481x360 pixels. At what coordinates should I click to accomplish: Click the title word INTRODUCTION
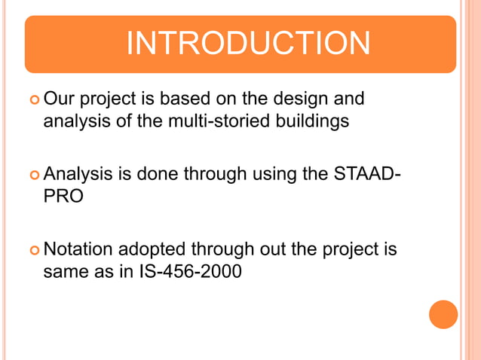pos(248,43)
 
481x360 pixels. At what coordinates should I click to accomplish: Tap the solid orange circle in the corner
pos(443,314)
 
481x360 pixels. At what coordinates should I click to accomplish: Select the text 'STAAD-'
pos(365,174)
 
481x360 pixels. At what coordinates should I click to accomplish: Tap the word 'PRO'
pos(63,196)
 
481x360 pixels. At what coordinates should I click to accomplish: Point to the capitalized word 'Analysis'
pos(80,174)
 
